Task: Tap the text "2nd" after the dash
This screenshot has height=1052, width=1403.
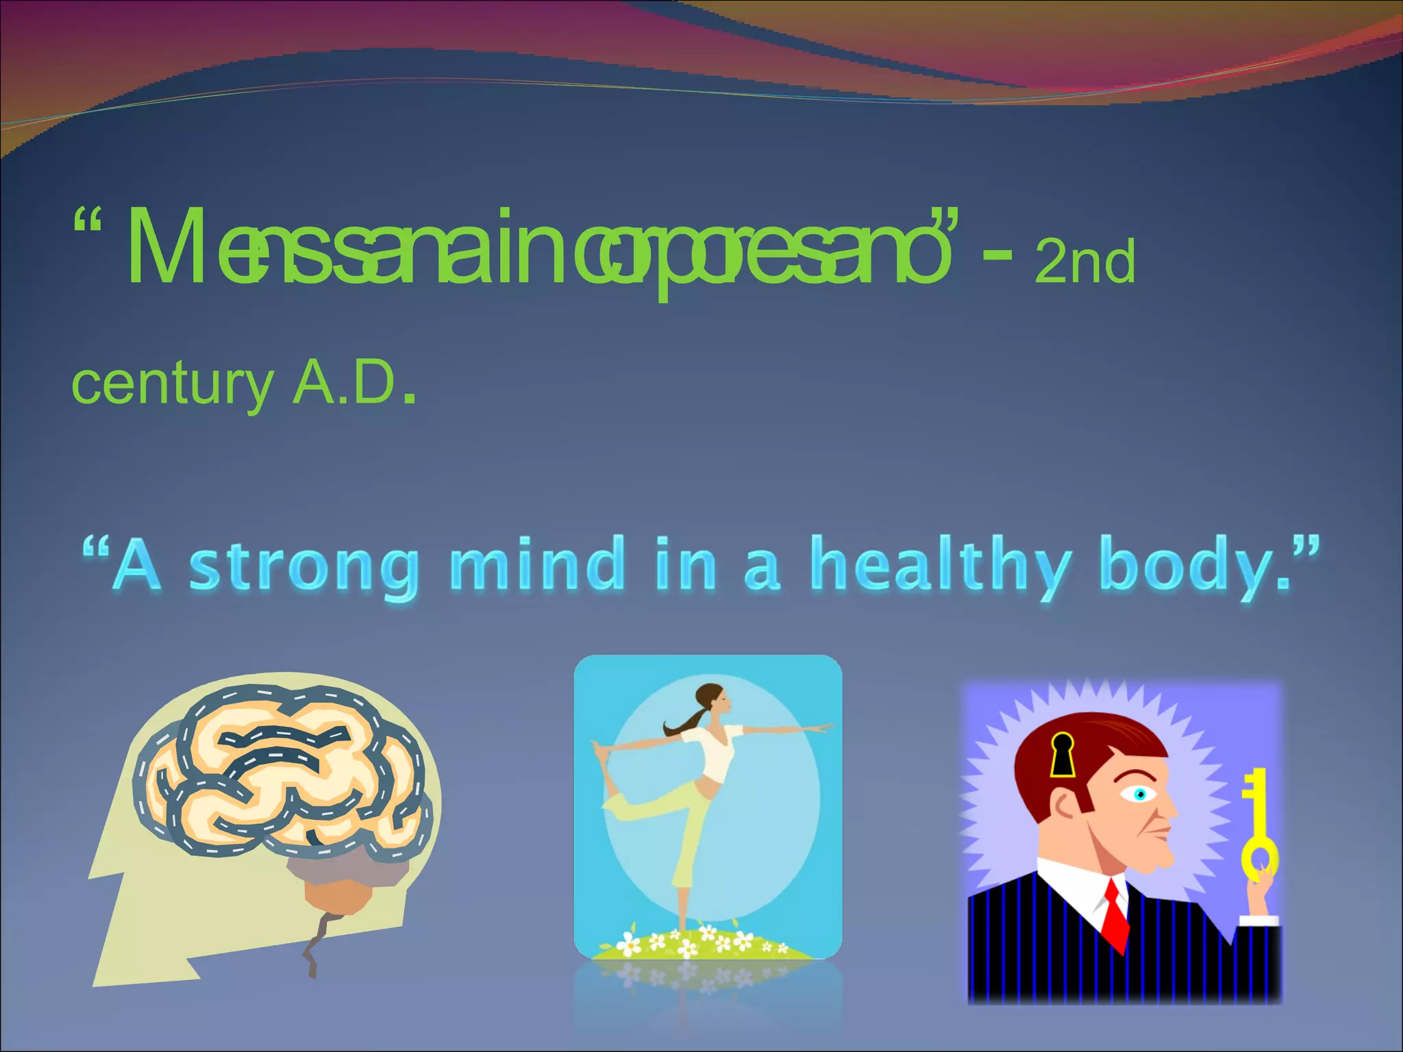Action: point(1084,262)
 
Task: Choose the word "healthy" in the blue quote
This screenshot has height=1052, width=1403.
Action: point(939,565)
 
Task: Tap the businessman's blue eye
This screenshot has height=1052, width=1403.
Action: point(1140,794)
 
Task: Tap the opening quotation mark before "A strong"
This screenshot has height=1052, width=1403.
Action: point(95,549)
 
